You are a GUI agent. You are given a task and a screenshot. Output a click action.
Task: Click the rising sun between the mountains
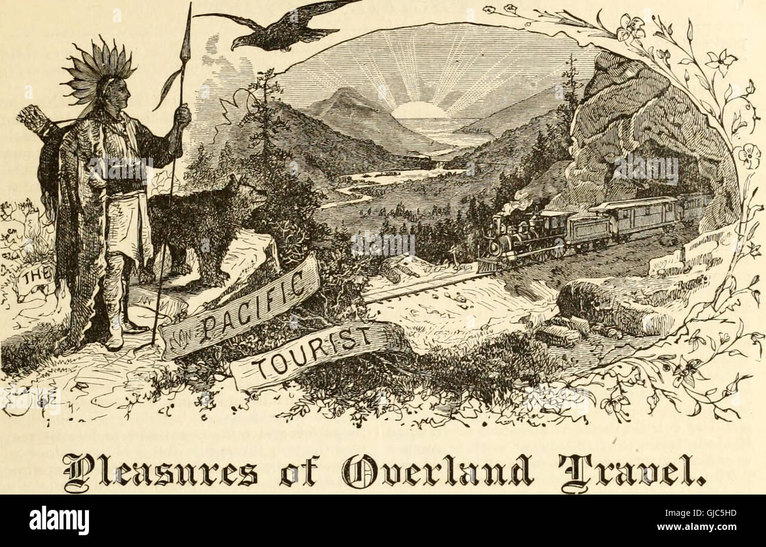point(420,110)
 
